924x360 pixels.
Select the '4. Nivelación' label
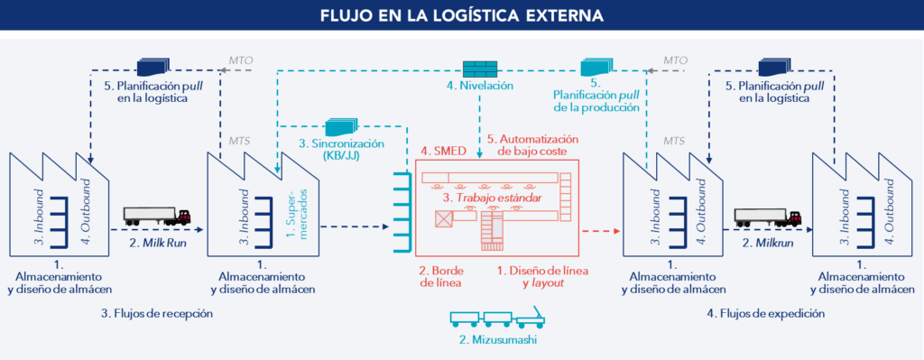click(479, 87)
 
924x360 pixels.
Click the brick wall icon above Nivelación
click(479, 69)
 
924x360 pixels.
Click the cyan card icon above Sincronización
click(340, 129)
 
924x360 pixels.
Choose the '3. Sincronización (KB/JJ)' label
click(341, 150)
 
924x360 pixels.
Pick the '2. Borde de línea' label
click(441, 276)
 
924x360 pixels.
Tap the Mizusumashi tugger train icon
click(496, 319)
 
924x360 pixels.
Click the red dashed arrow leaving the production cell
click(603, 232)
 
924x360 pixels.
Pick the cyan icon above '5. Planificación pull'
click(596, 67)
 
